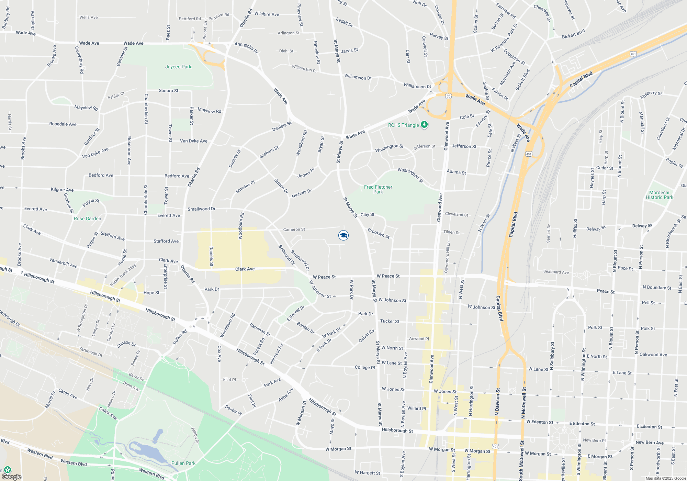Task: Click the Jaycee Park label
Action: pos(178,67)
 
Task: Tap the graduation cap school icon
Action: pos(343,235)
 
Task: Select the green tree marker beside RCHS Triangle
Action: pos(424,125)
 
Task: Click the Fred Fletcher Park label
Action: pos(378,189)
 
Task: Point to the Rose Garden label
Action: pos(87,219)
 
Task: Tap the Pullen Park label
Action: pos(183,463)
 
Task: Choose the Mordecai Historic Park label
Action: pos(659,195)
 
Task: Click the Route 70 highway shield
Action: pos(448,96)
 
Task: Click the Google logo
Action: pos(12,477)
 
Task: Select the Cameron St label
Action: pos(294,229)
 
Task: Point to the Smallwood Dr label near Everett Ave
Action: pos(201,209)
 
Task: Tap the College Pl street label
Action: pos(365,367)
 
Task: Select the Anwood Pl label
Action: pos(419,338)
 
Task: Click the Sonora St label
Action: pos(168,91)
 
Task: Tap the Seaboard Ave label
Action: pos(556,272)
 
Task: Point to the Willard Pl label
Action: pos(416,409)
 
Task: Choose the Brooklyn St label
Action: pos(379,233)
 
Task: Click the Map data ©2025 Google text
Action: pos(666,478)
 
